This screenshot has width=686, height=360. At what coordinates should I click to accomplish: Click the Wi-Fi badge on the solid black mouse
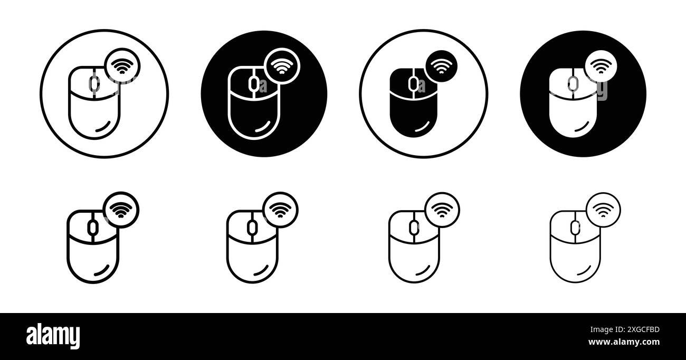coord(441,65)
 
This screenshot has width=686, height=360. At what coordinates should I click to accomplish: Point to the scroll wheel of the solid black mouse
coord(414,82)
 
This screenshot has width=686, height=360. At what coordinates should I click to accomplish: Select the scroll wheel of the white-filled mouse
coord(573,83)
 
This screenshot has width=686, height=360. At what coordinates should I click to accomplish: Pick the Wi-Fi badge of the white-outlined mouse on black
coord(280,65)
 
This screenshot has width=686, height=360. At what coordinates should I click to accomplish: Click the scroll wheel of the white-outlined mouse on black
coord(253,83)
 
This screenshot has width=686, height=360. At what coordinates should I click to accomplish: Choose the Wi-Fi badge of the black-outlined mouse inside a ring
coord(122,66)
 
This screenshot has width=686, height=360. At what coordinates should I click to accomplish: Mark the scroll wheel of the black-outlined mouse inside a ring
coord(94,83)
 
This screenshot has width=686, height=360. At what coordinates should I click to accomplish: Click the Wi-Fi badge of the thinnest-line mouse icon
coord(603,210)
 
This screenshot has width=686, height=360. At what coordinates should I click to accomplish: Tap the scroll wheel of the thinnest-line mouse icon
coord(576,228)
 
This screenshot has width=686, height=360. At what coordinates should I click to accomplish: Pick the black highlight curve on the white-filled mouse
coord(580,127)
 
